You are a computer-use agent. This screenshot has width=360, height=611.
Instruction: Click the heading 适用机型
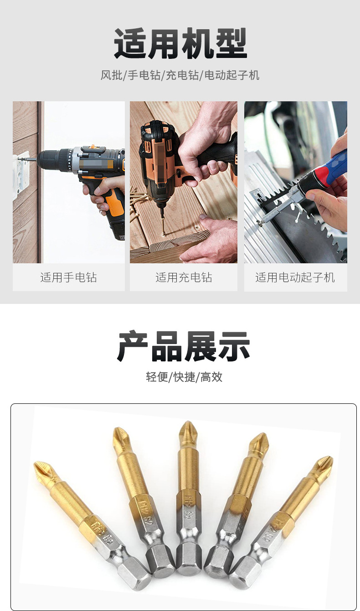coord(180,44)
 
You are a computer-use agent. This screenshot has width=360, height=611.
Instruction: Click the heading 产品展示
coord(183,346)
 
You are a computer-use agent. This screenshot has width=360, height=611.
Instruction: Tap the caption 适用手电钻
coord(68,277)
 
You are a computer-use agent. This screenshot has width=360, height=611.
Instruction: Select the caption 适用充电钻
coord(184,277)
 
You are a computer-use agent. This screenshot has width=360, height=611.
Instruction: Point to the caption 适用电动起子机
coord(295,277)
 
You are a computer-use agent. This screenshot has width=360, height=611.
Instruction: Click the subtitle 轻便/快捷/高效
coord(184,377)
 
